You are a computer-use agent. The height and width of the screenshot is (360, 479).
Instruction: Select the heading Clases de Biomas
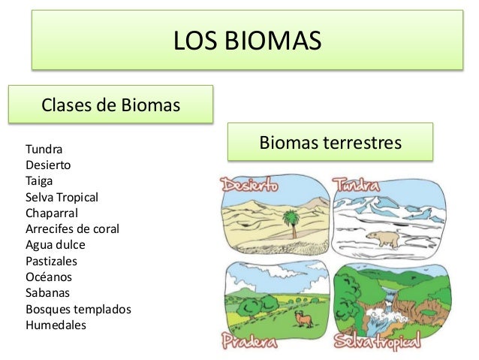pyautogui.click(x=110, y=104)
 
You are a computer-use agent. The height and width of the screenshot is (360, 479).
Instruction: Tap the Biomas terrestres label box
pyautogui.click(x=330, y=142)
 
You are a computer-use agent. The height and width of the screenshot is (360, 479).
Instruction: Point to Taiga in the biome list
pyautogui.click(x=39, y=180)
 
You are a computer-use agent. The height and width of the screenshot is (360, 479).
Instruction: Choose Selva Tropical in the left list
pyautogui.click(x=62, y=197)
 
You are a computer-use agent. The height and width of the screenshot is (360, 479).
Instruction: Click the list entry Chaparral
pyautogui.click(x=52, y=213)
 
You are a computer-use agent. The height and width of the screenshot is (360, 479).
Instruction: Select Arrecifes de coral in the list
pyautogui.click(x=72, y=228)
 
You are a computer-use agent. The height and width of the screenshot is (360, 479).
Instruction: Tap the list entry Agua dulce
pyautogui.click(x=56, y=245)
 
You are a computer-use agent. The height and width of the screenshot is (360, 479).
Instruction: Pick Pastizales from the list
pyautogui.click(x=51, y=261)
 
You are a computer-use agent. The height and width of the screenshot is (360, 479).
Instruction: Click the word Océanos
pyautogui.click(x=49, y=277)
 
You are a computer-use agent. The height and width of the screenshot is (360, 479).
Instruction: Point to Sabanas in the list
pyautogui.click(x=47, y=293)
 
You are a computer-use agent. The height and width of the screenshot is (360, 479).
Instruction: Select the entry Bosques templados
pyautogui.click(x=78, y=309)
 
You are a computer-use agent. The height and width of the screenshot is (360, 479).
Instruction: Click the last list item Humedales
pyautogui.click(x=56, y=325)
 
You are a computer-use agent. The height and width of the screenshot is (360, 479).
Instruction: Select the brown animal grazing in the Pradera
pyautogui.click(x=304, y=319)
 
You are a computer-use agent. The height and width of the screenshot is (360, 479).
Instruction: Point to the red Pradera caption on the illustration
pyautogui.click(x=249, y=342)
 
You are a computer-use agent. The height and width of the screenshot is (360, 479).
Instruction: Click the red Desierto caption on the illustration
pyautogui.click(x=249, y=183)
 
